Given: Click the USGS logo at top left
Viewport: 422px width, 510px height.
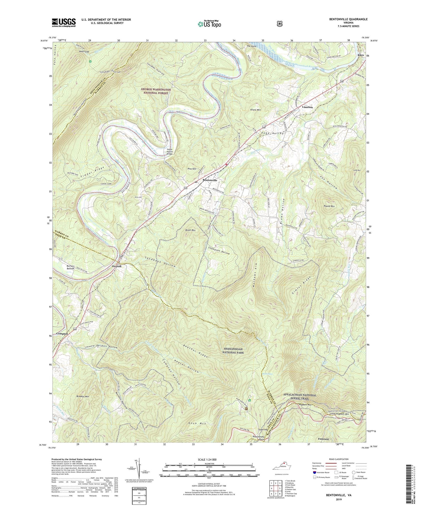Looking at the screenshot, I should (x=64, y=22).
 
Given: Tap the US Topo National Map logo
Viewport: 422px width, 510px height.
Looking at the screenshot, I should (x=209, y=24).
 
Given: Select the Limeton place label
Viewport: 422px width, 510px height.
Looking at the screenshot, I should (x=307, y=107).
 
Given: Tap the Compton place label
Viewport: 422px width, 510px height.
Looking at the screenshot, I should (x=62, y=334).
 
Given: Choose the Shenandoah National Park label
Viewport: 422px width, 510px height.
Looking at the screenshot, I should (x=238, y=351).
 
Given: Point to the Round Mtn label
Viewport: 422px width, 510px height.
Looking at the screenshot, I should (x=329, y=206).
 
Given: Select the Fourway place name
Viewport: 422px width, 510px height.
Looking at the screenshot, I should (x=324, y=439).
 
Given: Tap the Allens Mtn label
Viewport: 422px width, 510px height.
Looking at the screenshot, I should (x=255, y=110).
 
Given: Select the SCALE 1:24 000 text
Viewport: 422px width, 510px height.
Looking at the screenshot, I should (x=209, y=459).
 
